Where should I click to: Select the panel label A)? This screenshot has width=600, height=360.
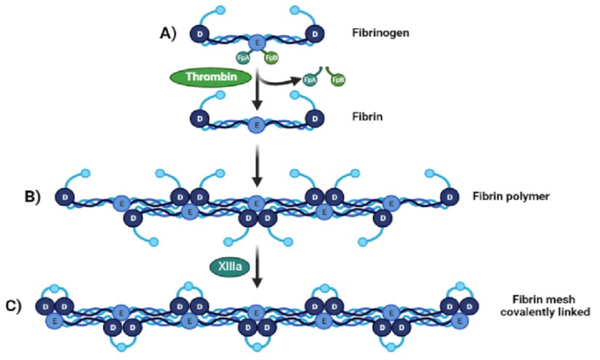pyautogui.click(x=168, y=33)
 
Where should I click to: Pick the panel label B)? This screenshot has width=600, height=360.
pyautogui.click(x=32, y=195)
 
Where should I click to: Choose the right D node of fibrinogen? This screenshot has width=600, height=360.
pyautogui.click(x=314, y=35)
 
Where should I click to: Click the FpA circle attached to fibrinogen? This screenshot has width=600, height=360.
pyautogui.click(x=244, y=58)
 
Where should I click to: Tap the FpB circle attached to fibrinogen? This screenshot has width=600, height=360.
pyautogui.click(x=270, y=58)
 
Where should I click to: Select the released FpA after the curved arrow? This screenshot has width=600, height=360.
pyautogui.click(x=309, y=80)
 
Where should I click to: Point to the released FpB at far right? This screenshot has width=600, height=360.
pyautogui.click(x=338, y=80)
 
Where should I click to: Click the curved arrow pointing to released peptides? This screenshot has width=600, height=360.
pyautogui.click(x=281, y=79)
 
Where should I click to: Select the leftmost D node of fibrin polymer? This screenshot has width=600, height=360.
pyautogui.click(x=63, y=196)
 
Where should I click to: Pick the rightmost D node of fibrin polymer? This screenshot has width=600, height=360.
pyautogui.click(x=451, y=196)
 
